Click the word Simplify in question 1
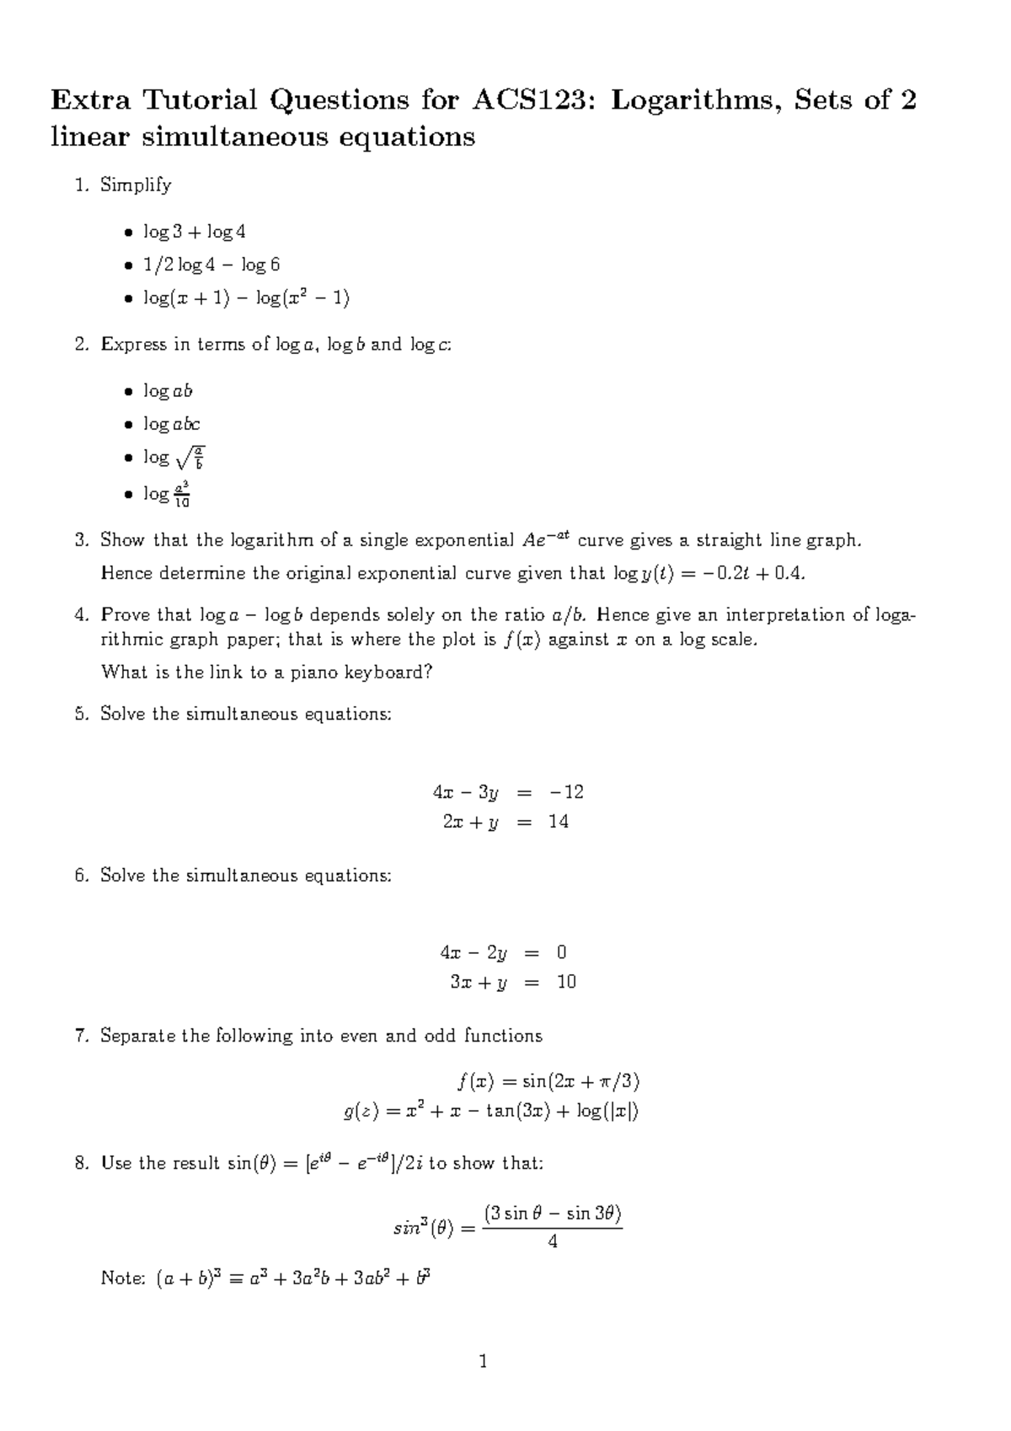pyautogui.click(x=135, y=185)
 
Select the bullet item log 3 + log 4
pyautogui.click(x=194, y=232)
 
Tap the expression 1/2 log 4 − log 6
pyautogui.click(x=211, y=265)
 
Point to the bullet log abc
pyautogui.click(x=171, y=425)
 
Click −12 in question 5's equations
pyautogui.click(x=565, y=792)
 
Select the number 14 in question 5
pyautogui.click(x=558, y=822)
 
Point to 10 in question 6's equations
pyautogui.click(x=565, y=983)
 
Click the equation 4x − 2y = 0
pyautogui.click(x=503, y=953)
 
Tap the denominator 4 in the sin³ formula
pyautogui.click(x=553, y=1241)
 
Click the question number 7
pyautogui.click(x=81, y=1036)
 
